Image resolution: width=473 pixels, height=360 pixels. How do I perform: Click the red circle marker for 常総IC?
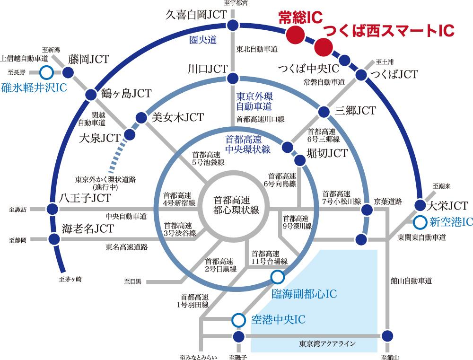pos(295,34)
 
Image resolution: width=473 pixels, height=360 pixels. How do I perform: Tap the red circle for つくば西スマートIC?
pos(324,47)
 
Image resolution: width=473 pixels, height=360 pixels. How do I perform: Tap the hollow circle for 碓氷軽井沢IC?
pos(46,72)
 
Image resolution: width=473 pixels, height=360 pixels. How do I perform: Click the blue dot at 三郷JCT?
pos(324,112)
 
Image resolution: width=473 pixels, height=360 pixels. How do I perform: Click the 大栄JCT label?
pos(447,206)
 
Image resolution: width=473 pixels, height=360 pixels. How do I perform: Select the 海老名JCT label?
pos(88,229)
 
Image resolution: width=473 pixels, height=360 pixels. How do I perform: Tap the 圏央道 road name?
pos(203,40)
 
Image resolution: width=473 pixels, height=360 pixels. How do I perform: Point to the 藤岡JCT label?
pos(88,59)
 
